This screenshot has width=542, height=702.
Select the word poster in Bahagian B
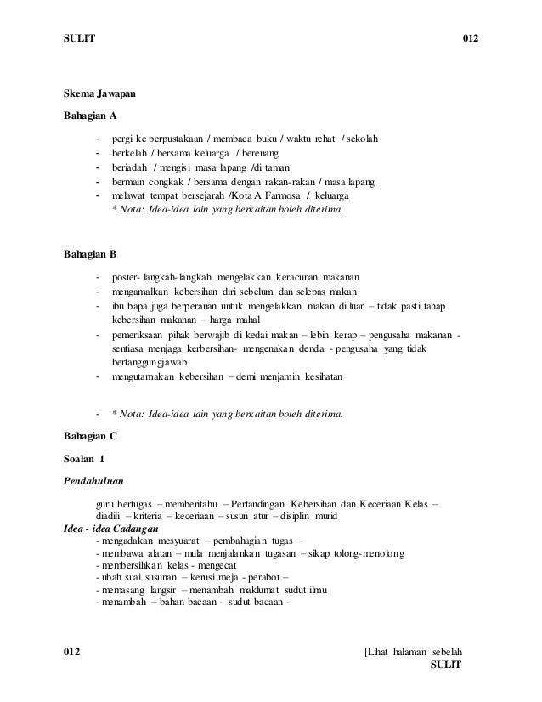(x=125, y=277)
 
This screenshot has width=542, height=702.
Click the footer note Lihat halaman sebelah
(x=412, y=652)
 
